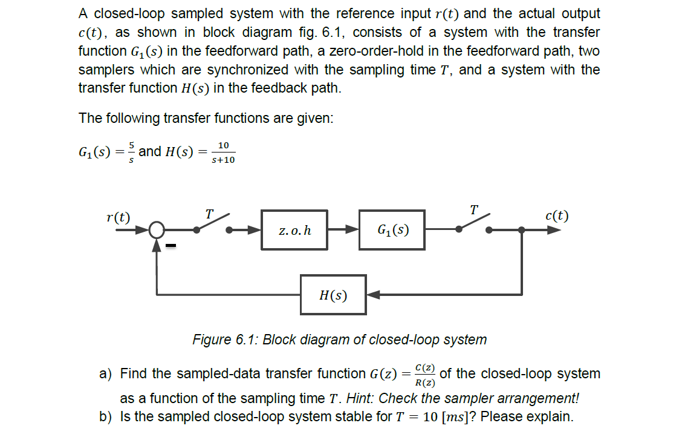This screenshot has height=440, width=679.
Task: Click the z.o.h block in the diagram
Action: click(294, 230)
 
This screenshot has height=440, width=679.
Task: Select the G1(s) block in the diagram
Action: click(392, 230)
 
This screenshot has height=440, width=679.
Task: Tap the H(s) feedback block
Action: click(333, 295)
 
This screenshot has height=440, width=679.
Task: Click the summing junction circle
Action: click(157, 230)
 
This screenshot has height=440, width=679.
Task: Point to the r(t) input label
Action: click(118, 217)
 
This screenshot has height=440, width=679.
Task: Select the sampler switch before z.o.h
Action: click(213, 224)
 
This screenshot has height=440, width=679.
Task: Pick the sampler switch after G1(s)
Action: click(475, 224)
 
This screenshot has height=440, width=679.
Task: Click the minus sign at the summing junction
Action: click(172, 246)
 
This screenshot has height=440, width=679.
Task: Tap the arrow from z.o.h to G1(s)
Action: click(343, 230)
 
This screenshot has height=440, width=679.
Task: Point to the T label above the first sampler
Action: click(209, 214)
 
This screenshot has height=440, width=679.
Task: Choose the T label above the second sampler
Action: click(474, 209)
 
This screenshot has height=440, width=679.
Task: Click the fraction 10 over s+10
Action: click(223, 153)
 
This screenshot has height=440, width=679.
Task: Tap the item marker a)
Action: click(106, 374)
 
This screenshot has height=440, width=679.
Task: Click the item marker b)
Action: click(106, 416)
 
